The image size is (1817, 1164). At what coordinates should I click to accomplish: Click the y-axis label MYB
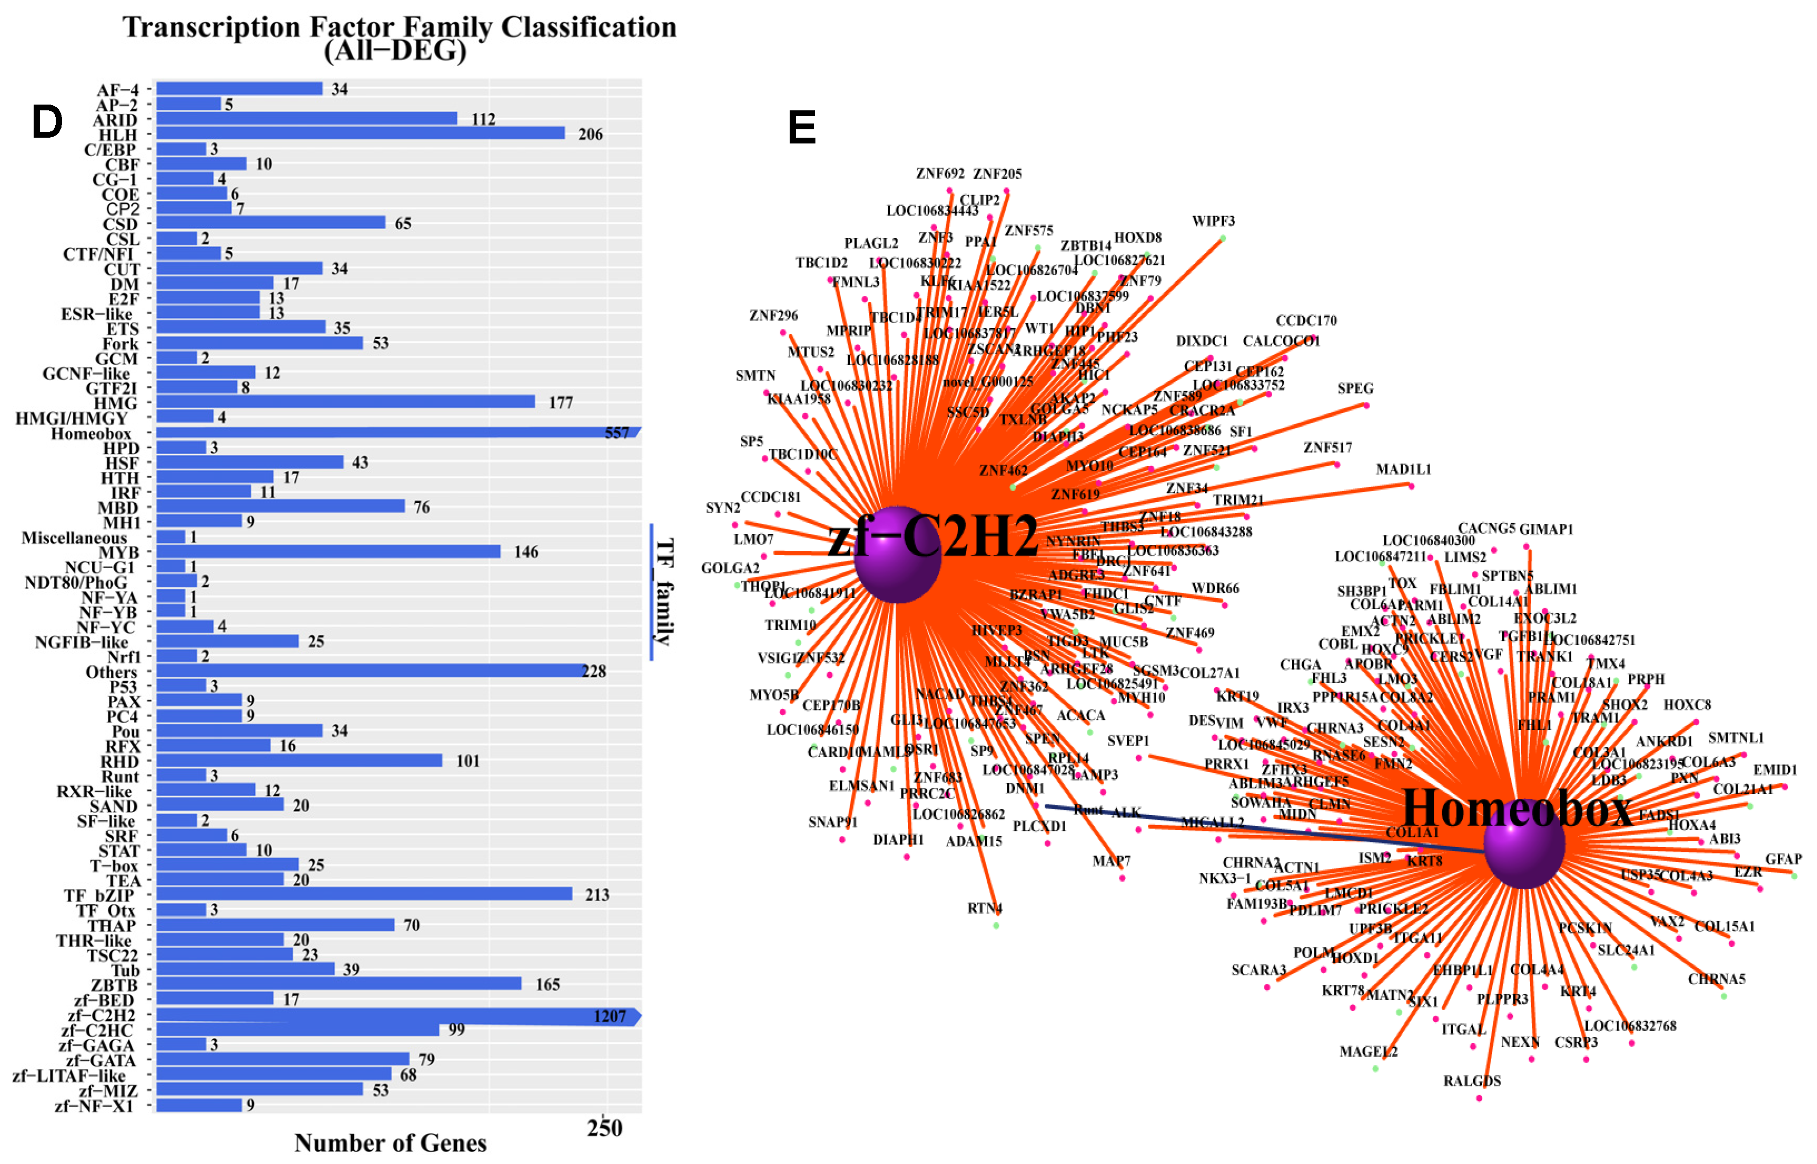pos(119,552)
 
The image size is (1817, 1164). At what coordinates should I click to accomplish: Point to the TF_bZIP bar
pos(364,894)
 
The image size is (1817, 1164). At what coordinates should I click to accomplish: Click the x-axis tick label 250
pos(604,1128)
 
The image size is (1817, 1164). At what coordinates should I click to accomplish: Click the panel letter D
pos(47,122)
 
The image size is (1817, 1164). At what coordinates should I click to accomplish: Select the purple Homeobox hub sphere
pos(1523,843)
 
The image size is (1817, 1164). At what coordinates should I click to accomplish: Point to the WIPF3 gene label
pos(1213,221)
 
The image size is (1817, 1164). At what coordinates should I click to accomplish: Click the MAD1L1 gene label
pos(1403,469)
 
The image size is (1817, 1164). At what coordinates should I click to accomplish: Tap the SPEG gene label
pos(1355,388)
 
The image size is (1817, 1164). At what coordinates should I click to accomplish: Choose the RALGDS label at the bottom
pos(1472,1081)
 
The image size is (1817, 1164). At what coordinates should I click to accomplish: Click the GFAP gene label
pos(1783,859)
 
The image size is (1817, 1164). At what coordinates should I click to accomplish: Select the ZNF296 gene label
pos(773,315)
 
